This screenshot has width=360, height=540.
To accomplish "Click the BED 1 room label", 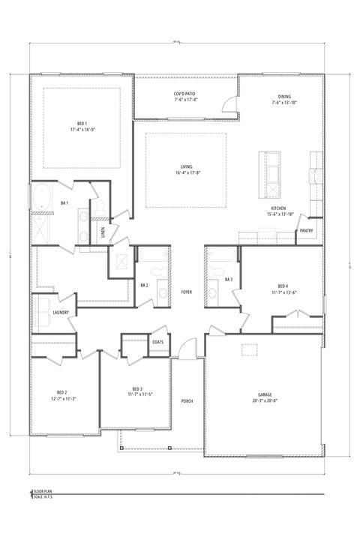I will pyautogui.click(x=82, y=122).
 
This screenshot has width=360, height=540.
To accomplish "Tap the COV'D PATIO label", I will pyautogui.click(x=186, y=92).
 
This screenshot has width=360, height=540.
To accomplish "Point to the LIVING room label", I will pyautogui.click(x=186, y=167).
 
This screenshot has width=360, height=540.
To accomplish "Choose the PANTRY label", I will pyautogui.click(x=307, y=230).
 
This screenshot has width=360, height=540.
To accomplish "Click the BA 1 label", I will pyautogui.click(x=64, y=203).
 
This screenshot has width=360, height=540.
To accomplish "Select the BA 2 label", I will pyautogui.click(x=145, y=285).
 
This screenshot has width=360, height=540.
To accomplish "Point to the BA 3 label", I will pyautogui.click(x=229, y=280).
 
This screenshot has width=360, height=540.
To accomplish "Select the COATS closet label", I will pyautogui.click(x=157, y=342).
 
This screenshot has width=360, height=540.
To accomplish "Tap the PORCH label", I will pyautogui.click(x=187, y=400).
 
